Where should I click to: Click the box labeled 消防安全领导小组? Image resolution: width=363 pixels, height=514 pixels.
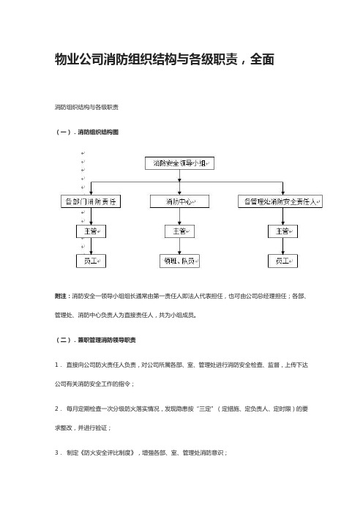pos(179,163)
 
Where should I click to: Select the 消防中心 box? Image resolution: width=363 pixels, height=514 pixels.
pos(179,201)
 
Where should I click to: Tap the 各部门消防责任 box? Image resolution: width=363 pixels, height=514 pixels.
pos(91,201)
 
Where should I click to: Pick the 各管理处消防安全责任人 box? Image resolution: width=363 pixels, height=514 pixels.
pos(280,201)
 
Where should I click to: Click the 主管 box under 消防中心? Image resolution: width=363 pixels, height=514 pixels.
pos(179,231)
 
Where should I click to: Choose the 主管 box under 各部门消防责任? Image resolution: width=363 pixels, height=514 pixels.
pos(91,231)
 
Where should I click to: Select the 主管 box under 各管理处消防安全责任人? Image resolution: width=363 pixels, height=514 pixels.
pos(282,231)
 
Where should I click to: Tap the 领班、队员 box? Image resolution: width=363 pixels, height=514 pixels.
pos(179,261)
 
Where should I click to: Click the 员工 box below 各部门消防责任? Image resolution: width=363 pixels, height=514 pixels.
pos(91,261)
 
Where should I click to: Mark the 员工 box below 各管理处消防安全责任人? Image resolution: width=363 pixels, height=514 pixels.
pos(282,261)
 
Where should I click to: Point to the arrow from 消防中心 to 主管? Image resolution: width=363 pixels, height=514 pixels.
pos(179,216)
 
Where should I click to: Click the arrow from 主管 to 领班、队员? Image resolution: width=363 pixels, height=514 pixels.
pos(179,246)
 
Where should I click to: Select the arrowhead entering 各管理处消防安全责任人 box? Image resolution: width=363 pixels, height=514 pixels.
pos(282,193)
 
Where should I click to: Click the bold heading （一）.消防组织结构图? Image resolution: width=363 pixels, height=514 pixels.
pos(87,132)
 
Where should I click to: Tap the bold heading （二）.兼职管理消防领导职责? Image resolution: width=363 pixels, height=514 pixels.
pos(95,340)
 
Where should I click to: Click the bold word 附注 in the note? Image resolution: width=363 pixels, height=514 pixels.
pos(60,296)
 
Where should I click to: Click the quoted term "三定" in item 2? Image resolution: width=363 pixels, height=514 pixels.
pos(206,409)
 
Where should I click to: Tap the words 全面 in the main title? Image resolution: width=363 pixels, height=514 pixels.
pos(262,59)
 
